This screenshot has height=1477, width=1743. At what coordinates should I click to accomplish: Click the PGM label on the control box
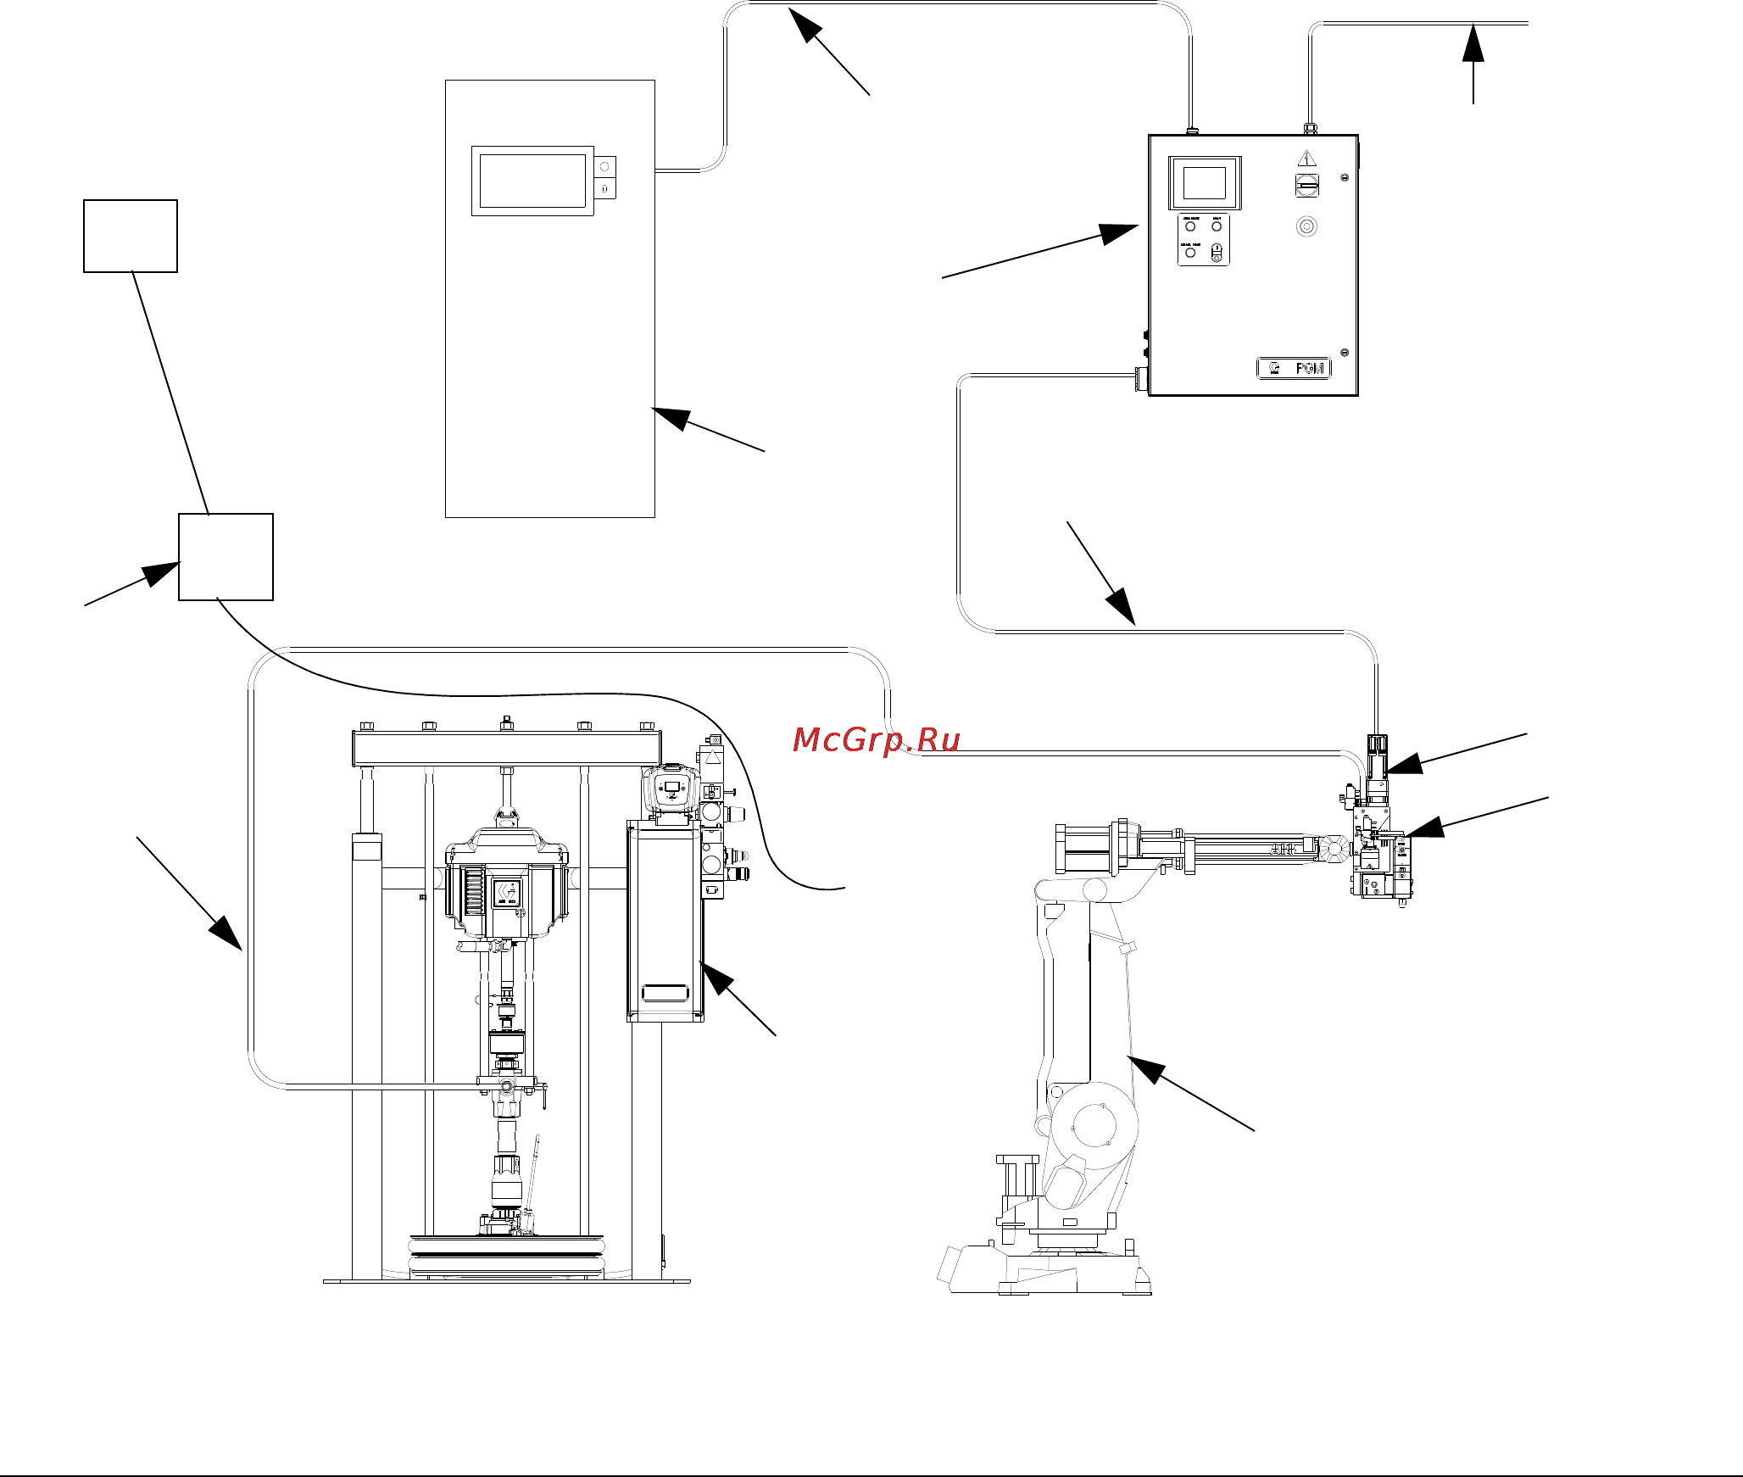[1294, 368]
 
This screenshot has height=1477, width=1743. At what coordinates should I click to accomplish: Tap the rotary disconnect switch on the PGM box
[1306, 184]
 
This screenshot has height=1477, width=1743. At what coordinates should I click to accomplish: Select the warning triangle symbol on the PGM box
[1306, 159]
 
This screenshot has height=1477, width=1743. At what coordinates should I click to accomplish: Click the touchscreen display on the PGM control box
[1204, 183]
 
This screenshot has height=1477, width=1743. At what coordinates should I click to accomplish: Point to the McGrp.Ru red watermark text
[876, 740]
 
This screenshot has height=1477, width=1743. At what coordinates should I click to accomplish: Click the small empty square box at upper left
[131, 236]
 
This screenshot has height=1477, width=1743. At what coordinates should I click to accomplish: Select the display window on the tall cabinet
[532, 181]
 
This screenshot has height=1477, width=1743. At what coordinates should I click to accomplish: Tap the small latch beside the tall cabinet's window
[604, 177]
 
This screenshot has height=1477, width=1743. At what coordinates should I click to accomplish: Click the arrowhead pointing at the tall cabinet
[671, 417]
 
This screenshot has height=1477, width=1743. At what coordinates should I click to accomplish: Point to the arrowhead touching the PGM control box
[1119, 232]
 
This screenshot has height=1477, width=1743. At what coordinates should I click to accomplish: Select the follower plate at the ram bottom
[507, 1255]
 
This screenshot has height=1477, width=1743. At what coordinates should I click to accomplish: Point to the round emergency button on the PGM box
[1306, 226]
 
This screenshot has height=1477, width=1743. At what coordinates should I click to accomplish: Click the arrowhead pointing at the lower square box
[161, 574]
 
